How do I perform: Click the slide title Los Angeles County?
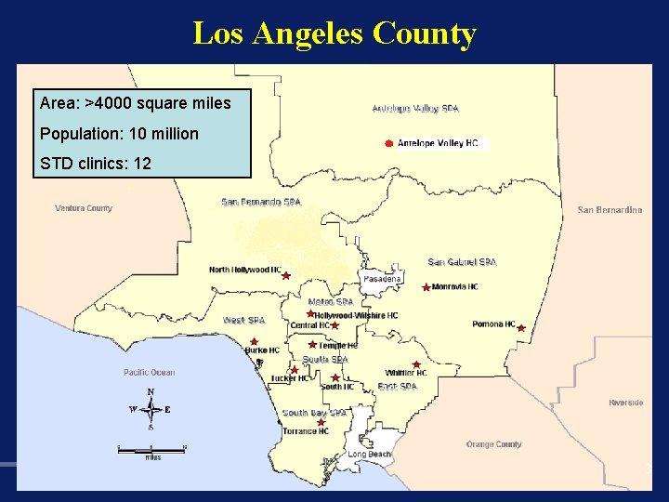pyautogui.click(x=334, y=33)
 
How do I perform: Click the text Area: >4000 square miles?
pyautogui.click(x=136, y=103)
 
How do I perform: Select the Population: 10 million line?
pyautogui.click(x=119, y=134)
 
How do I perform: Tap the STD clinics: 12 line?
pyautogui.click(x=96, y=165)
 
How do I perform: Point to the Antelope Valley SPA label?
pyautogui.click(x=415, y=109)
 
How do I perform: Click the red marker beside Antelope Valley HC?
pyautogui.click(x=387, y=143)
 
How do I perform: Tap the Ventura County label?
pyautogui.click(x=84, y=208)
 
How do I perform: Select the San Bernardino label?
pyautogui.click(x=610, y=210)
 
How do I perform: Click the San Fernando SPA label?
pyautogui.click(x=261, y=202)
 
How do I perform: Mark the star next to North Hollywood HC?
pyautogui.click(x=286, y=275)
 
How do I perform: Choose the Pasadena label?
pyautogui.click(x=382, y=279)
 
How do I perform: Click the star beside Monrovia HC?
pyautogui.click(x=426, y=288)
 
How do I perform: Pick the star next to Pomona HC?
pyautogui.click(x=521, y=328)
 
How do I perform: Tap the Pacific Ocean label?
pyautogui.click(x=149, y=373)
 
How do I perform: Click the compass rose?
pyautogui.click(x=151, y=409)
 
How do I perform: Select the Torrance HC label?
pyautogui.click(x=306, y=431)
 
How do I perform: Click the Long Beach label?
pyautogui.click(x=370, y=455)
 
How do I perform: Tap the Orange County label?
pyautogui.click(x=493, y=444)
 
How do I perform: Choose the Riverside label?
pyautogui.click(x=625, y=403)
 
